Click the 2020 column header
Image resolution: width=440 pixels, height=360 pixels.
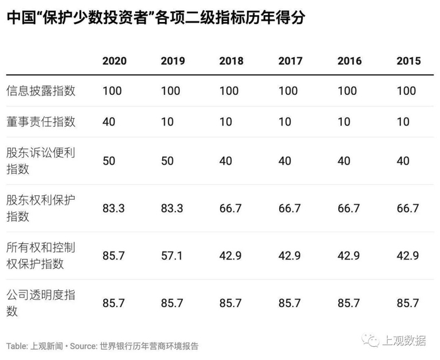114,61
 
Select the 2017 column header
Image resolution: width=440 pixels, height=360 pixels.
290,61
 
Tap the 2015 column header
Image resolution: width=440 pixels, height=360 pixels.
409,61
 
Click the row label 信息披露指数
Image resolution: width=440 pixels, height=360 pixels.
41,91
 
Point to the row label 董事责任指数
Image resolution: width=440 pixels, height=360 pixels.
41,122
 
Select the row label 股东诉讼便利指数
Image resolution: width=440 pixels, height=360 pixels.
41,161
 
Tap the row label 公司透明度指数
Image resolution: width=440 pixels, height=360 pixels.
41,303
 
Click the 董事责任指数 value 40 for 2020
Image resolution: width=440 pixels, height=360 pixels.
109,122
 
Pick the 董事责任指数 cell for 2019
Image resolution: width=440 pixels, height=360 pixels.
167,122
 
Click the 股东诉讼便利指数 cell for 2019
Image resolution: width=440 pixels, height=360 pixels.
167,161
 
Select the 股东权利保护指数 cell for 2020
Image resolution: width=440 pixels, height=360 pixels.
113,209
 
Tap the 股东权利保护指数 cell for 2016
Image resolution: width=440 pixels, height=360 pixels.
348,209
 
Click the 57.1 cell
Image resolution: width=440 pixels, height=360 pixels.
172,256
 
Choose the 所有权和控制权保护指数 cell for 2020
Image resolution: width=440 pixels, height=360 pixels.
113,256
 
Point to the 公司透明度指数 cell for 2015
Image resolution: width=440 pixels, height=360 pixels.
408,303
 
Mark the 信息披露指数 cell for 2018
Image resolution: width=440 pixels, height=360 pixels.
229,91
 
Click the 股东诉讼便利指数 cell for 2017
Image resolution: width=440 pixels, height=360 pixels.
285,161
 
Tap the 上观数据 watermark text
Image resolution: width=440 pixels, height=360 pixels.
404,341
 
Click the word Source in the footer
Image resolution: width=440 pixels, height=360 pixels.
83,346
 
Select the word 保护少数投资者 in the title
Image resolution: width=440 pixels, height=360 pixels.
95,18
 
